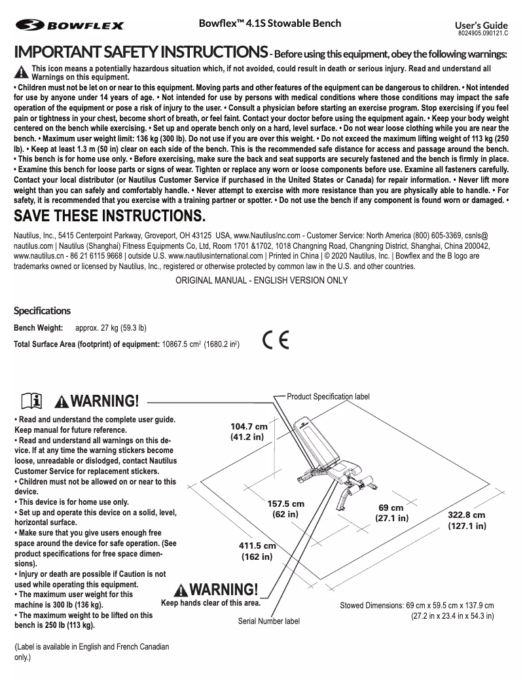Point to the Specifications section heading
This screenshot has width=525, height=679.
[43, 310]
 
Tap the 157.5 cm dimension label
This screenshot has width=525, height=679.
[286, 509]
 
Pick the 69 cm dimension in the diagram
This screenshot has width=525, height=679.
[391, 513]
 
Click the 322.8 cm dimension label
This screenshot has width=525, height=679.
[467, 520]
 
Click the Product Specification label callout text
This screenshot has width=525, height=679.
[329, 397]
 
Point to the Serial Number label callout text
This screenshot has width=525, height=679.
[268, 621]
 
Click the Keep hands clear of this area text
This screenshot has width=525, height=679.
[211, 603]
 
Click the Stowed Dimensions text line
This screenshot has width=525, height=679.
[417, 605]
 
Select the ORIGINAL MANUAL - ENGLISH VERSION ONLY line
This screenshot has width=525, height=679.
[262, 280]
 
